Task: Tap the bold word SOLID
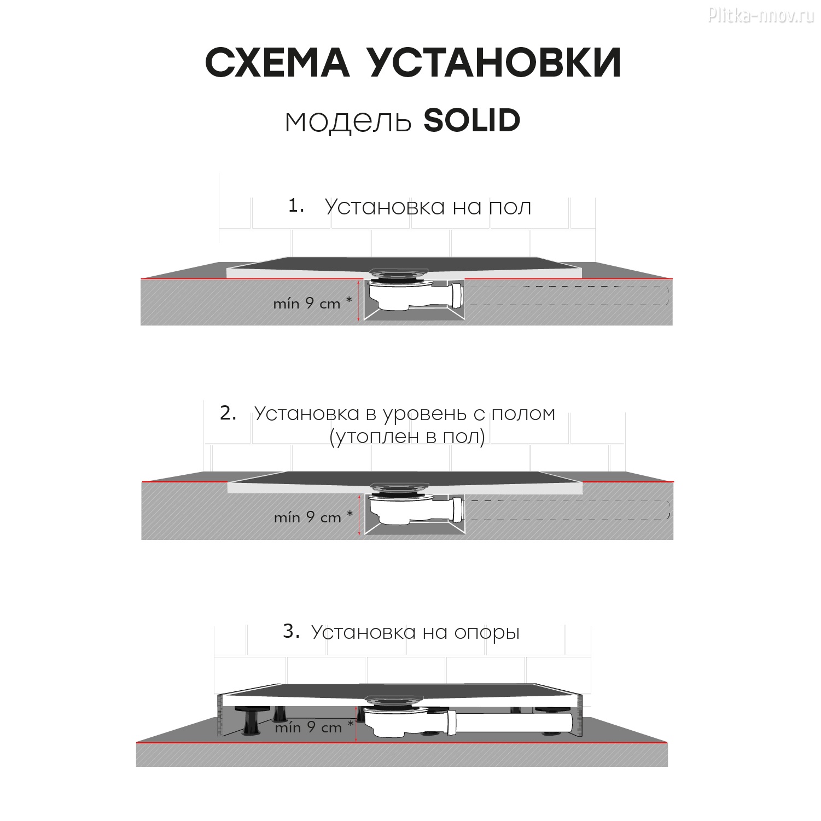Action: click(x=472, y=120)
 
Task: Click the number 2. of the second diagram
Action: click(x=228, y=413)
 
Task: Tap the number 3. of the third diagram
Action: click(x=292, y=632)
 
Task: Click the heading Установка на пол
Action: click(x=428, y=207)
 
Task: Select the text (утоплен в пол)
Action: click(x=407, y=438)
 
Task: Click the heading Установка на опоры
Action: click(x=416, y=633)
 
